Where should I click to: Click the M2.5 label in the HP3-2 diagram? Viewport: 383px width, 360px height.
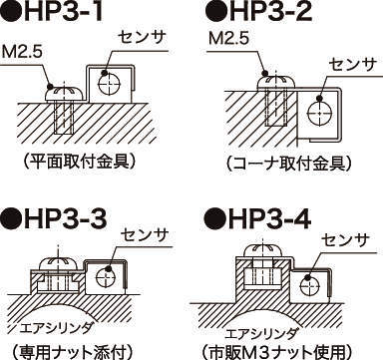click(228, 39)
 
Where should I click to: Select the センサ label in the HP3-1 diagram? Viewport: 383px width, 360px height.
click(142, 39)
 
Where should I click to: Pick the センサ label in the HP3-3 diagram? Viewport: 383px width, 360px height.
click(145, 235)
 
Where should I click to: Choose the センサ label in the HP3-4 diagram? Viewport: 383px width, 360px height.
click(346, 240)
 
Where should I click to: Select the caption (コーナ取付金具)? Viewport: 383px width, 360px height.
click(288, 164)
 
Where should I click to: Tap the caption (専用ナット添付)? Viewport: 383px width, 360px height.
click(73, 351)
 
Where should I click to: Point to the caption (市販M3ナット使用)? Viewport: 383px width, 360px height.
click(278, 351)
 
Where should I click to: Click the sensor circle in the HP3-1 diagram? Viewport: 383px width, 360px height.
click(109, 84)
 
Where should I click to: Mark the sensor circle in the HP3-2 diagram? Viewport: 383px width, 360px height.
click(319, 114)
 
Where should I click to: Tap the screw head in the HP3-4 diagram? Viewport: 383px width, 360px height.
click(263, 251)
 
